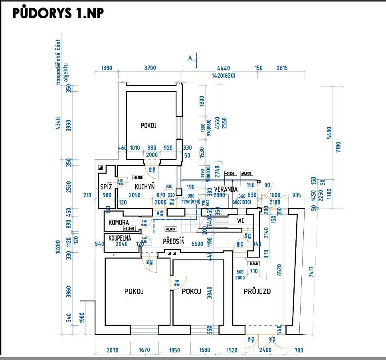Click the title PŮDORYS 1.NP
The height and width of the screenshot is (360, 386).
point(58,13)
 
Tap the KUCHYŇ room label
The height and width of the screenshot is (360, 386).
point(144,186)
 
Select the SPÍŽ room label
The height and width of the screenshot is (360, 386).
point(106,186)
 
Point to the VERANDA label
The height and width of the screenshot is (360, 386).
point(226,189)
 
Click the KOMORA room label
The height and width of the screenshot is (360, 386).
point(119,222)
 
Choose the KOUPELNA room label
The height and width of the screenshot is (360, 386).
point(120,238)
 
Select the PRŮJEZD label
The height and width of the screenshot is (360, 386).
point(257,291)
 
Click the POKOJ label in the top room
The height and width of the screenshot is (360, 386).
point(148,125)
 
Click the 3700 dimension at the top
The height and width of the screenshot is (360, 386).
point(150,68)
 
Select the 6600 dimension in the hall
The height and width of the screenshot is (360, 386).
point(197,244)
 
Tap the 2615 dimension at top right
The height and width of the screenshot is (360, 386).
point(282,68)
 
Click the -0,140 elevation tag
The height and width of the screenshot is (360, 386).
point(253,264)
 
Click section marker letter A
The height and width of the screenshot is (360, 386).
point(190,57)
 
